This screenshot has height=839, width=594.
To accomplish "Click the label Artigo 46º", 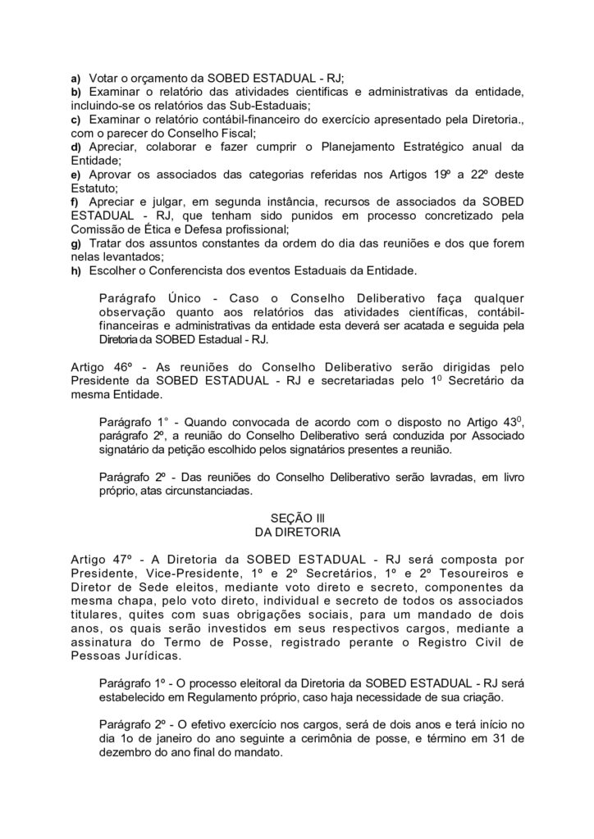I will tap(99, 367).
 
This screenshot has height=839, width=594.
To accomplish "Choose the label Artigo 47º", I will tap(100, 559).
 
